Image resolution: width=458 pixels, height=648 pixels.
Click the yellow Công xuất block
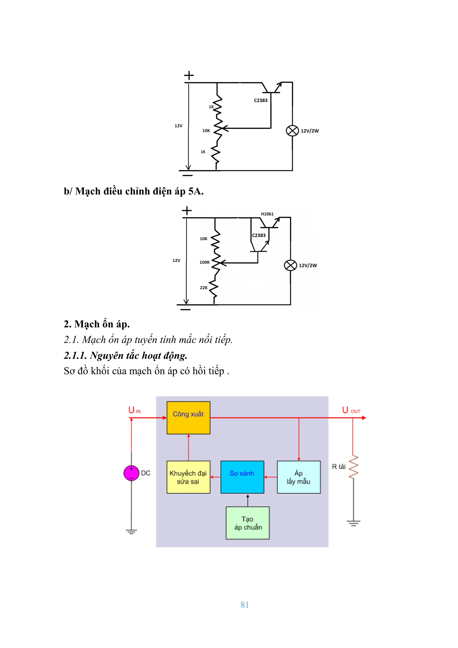coord(188,417)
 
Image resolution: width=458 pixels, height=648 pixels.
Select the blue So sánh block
coord(242,477)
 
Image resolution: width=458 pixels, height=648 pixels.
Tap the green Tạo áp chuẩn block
coord(248,523)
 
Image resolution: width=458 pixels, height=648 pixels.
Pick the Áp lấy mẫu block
coord(299,477)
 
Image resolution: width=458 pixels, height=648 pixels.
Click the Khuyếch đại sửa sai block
coord(188,477)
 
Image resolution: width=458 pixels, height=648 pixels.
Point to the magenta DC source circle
coord(131,473)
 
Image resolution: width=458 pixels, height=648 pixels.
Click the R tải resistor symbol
coord(353,467)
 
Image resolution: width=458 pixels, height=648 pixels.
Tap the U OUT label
coord(351,410)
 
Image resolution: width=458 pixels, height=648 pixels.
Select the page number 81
coord(244,605)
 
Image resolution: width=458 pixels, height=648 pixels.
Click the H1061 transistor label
coord(267,214)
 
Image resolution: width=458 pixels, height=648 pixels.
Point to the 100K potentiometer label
coord(204,262)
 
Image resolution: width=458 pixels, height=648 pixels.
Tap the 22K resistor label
coord(204,288)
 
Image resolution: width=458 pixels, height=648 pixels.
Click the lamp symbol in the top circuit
coord(292,131)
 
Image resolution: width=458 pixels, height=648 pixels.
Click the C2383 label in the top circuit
coord(261,100)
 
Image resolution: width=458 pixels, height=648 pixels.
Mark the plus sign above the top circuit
coord(189,76)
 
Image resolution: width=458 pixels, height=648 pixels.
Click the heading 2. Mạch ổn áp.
coord(97,324)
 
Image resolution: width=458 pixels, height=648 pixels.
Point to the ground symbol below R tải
coord(353,523)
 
